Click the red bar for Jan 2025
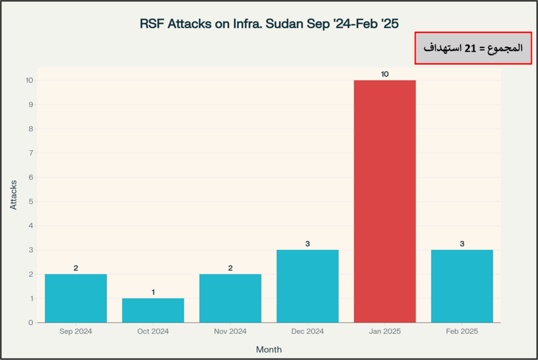tap(385, 201)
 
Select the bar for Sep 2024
tap(76, 298)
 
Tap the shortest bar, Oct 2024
tap(153, 310)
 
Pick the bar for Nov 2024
tap(230, 298)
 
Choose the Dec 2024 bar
tap(307, 286)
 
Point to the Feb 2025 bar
tap(462, 286)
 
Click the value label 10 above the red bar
tap(385, 74)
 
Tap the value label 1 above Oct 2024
tap(153, 292)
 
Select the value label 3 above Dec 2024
tap(307, 243)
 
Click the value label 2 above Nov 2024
tap(230, 268)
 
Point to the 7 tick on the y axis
tap(30, 153)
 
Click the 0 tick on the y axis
tap(30, 323)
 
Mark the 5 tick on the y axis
tap(30, 201)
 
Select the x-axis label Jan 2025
tap(385, 332)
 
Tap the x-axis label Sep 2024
tap(76, 332)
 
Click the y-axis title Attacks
tap(14, 195)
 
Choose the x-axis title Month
tap(269, 349)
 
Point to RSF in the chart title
tap(152, 24)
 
